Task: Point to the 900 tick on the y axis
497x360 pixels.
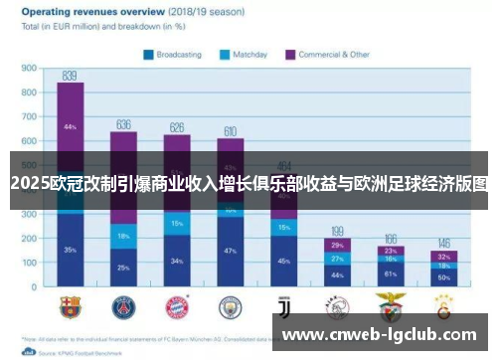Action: [29, 69]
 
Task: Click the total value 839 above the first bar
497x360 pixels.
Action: [70, 76]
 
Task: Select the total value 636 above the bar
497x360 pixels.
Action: [124, 124]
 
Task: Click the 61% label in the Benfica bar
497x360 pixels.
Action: [391, 272]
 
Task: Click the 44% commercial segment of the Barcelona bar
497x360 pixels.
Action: [70, 127]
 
